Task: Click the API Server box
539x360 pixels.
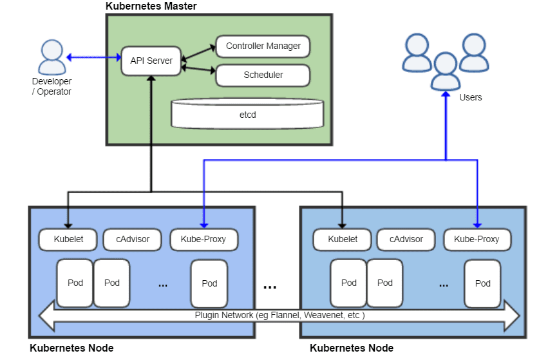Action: tap(151, 61)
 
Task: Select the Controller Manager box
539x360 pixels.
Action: tap(263, 46)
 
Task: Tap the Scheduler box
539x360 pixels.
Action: tap(263, 75)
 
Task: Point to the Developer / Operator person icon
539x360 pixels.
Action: tap(51, 57)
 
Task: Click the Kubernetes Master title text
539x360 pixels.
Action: tap(151, 6)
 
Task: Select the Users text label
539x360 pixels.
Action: tap(470, 97)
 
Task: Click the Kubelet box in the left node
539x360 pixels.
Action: tap(68, 239)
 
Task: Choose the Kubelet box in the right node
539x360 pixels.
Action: tap(342, 239)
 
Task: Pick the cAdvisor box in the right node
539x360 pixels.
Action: tap(406, 239)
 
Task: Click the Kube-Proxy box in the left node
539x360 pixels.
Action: tap(203, 239)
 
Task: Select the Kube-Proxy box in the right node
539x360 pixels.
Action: tap(477, 239)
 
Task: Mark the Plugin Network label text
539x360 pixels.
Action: tap(279, 316)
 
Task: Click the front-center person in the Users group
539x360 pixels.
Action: tap(445, 71)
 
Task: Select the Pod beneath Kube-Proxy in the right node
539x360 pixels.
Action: tap(482, 283)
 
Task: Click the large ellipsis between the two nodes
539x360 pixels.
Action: tap(270, 287)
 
